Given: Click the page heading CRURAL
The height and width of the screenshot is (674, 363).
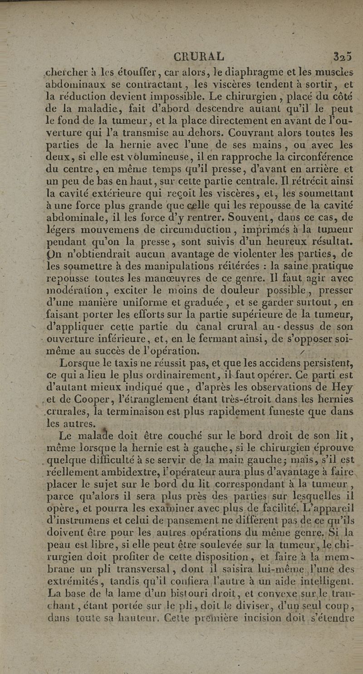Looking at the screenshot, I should point(199,57).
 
